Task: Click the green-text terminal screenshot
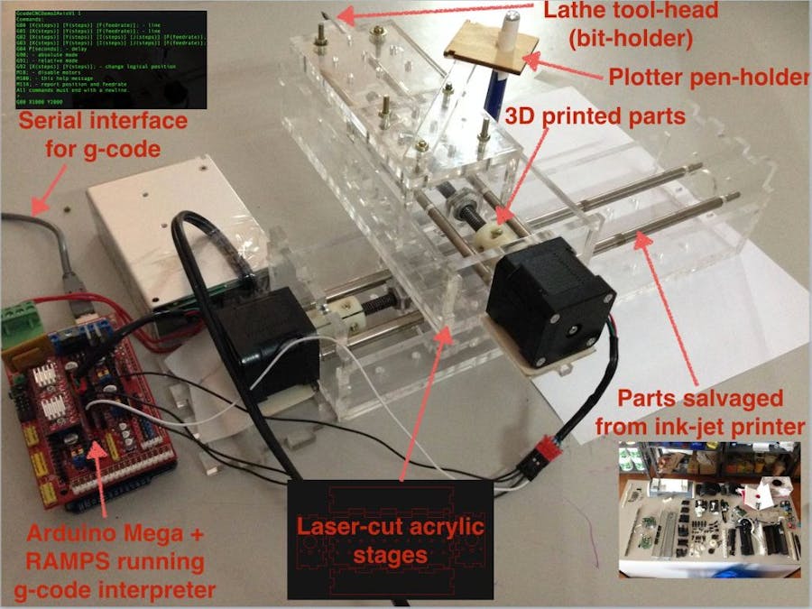[106, 58]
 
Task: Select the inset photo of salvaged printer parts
[709, 509]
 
